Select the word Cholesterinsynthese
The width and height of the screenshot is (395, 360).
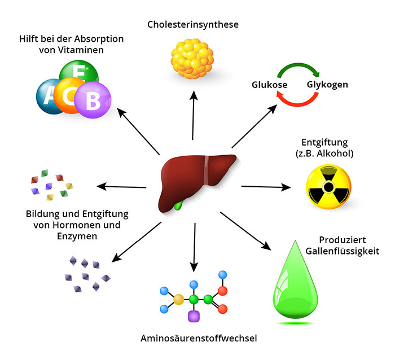tap(193, 24)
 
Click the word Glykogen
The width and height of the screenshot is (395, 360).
tap(327, 85)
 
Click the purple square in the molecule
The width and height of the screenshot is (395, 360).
tap(194, 317)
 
